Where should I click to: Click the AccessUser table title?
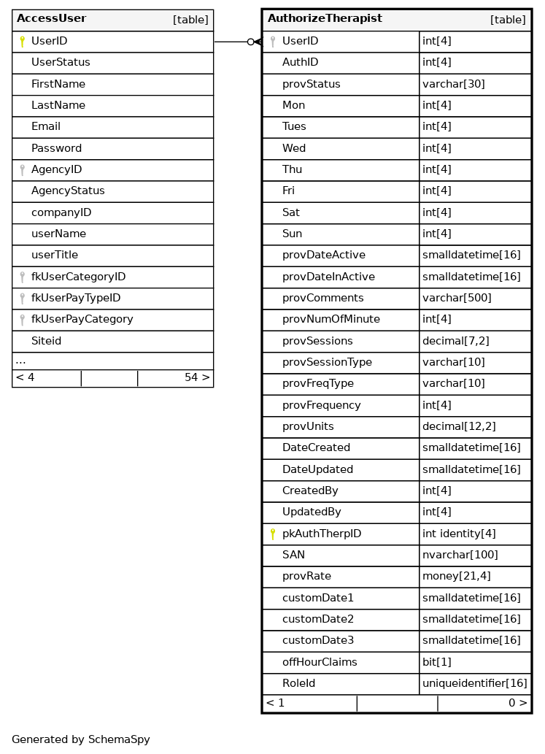(x=51, y=19)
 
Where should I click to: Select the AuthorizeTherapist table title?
(x=325, y=19)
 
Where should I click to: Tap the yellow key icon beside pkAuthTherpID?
(x=273, y=534)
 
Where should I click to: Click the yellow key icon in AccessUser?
(x=22, y=42)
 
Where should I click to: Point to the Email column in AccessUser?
(x=46, y=127)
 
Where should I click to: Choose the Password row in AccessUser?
(x=56, y=148)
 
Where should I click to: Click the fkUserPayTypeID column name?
(x=76, y=298)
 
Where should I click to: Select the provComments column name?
(x=322, y=298)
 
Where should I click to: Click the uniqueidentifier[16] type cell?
(x=474, y=684)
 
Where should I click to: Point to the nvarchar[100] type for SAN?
(x=460, y=555)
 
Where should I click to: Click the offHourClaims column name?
(x=320, y=662)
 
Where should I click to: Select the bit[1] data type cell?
(x=437, y=662)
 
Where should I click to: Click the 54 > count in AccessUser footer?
(x=197, y=378)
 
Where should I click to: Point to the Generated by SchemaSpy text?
(x=81, y=739)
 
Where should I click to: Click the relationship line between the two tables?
(x=232, y=42)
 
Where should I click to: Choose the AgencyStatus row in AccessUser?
(x=68, y=191)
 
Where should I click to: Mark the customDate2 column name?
(x=318, y=620)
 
